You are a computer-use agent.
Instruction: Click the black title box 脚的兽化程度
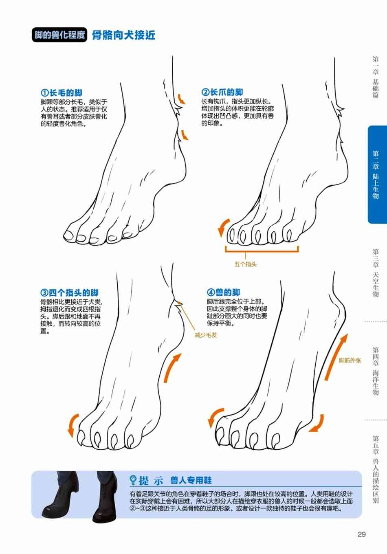[x=59, y=35]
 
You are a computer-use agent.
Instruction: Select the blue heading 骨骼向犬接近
[x=124, y=35]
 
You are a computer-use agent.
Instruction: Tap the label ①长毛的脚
[x=62, y=93]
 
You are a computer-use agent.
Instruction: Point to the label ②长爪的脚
[x=222, y=92]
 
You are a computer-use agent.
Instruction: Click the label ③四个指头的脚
[x=70, y=292]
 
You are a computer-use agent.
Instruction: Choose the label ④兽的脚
[x=224, y=292]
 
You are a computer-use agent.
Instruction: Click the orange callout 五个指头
[x=246, y=264]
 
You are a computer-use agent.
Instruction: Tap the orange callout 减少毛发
[x=206, y=335]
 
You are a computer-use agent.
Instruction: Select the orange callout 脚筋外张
[x=350, y=361]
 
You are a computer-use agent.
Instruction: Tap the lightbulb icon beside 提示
[x=133, y=480]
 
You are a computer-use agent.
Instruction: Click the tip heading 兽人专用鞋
[x=191, y=480]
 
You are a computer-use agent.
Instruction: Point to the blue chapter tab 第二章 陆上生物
[x=377, y=175]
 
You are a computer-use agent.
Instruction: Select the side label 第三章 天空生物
[x=376, y=273]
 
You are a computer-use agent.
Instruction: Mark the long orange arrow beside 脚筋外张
[x=336, y=357]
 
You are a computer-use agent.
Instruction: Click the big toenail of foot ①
[x=68, y=235]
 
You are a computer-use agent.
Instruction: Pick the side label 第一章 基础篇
[x=376, y=77]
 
